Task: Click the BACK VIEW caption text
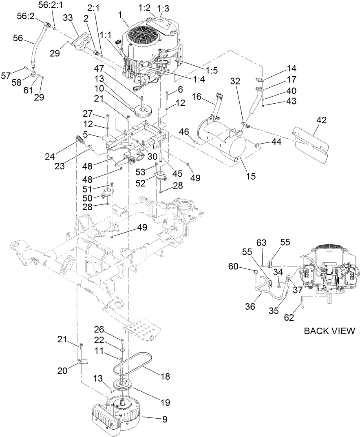point(329,331)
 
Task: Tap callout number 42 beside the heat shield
point(322,120)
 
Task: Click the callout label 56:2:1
point(51,5)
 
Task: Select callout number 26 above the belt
point(99,329)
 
